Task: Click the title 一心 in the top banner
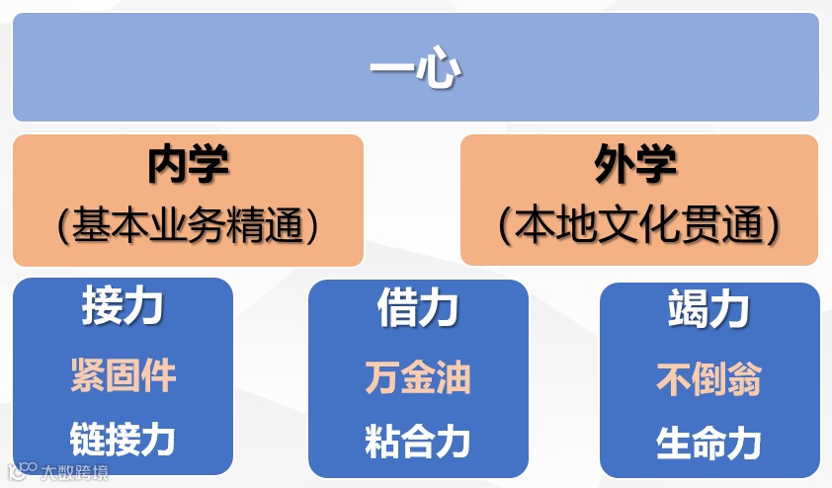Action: pyautogui.click(x=415, y=69)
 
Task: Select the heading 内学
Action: pyautogui.click(x=188, y=164)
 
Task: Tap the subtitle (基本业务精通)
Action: pyautogui.click(x=188, y=226)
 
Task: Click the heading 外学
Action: pyautogui.click(x=636, y=164)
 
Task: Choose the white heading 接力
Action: pyautogui.click(x=123, y=308)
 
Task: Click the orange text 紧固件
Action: pyautogui.click(x=123, y=376)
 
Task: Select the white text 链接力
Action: pyautogui.click(x=123, y=439)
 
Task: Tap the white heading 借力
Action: pyautogui.click(x=417, y=308)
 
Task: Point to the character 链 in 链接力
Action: pyautogui.click(x=87, y=439)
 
